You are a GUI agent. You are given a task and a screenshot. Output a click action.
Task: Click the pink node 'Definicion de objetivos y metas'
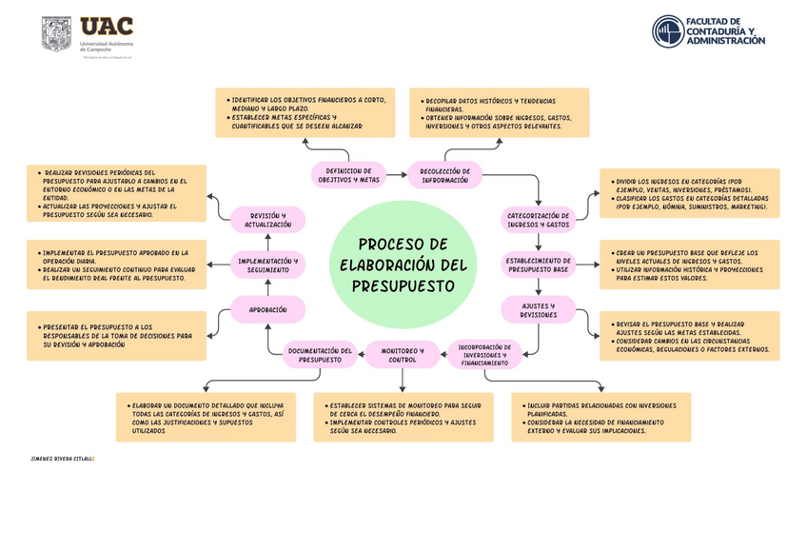(x=347, y=174)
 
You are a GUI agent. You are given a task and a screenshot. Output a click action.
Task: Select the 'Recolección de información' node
(x=445, y=174)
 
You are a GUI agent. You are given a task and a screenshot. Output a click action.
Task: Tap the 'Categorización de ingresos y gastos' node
(x=538, y=221)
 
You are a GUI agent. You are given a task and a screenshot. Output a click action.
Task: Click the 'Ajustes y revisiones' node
(x=538, y=309)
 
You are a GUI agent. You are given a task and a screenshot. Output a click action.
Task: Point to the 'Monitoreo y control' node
(x=403, y=355)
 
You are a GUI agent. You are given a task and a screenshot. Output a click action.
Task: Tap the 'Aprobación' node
(x=267, y=310)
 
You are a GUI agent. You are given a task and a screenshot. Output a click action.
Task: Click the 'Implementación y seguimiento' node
(x=267, y=265)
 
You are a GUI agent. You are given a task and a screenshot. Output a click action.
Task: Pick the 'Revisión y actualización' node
(x=267, y=221)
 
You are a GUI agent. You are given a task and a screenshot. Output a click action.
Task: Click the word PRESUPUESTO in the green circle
(x=403, y=285)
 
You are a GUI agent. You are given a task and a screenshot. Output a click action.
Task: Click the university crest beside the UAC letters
(x=57, y=36)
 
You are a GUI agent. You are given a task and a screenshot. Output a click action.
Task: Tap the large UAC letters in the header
(x=107, y=27)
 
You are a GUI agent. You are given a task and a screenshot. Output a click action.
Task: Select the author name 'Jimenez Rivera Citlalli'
(x=62, y=459)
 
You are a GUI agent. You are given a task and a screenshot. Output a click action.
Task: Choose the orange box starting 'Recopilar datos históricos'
(x=499, y=112)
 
